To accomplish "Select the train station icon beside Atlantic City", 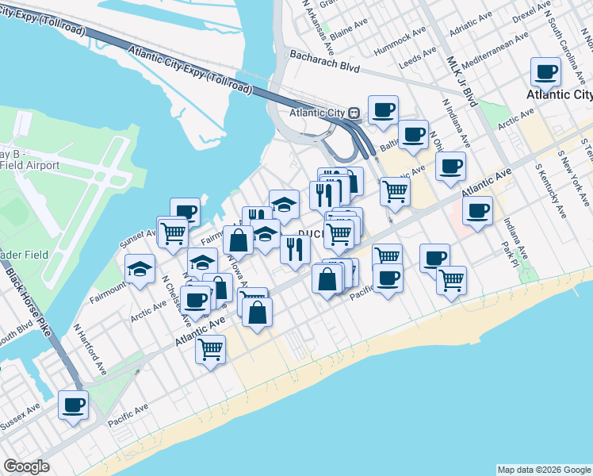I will tap(354, 113).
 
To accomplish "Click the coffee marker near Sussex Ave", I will tap(73, 405).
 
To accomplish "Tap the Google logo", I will tap(26, 466).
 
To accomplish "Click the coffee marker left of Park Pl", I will tap(477, 211).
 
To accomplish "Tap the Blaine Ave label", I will tap(349, 36).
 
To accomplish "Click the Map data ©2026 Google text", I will tap(544, 470).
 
